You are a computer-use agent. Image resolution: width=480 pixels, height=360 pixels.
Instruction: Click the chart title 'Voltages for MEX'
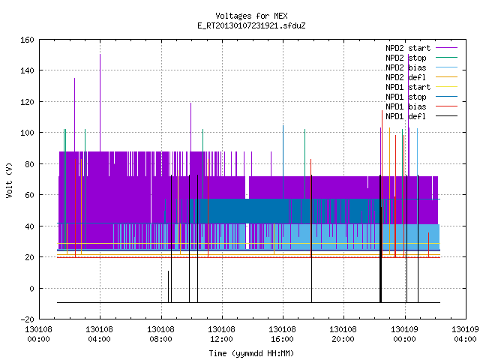251,16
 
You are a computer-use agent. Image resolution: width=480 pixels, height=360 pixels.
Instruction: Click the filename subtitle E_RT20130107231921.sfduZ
251,25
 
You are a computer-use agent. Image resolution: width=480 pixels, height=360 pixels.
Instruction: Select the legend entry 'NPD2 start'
408,48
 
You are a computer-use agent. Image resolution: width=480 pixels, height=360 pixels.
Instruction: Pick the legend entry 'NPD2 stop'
406,58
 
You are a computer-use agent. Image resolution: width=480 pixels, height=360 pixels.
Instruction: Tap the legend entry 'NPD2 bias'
406,67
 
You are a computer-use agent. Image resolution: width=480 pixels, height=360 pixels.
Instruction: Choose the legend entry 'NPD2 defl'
406,77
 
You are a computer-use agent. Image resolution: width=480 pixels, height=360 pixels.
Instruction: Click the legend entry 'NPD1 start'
408,87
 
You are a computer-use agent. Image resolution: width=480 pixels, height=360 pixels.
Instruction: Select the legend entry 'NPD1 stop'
406,97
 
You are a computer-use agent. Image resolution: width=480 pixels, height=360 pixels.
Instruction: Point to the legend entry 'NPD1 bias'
406,106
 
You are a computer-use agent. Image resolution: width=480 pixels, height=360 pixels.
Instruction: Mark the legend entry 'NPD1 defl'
406,117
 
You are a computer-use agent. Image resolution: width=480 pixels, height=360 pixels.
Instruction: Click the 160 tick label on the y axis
27,40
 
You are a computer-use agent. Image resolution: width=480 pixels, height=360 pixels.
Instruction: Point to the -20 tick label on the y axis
27,319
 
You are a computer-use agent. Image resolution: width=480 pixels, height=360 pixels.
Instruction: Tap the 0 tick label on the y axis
31,288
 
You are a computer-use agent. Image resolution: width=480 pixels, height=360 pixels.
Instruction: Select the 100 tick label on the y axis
27,133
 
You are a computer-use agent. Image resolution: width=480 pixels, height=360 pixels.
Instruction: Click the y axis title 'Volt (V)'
10,180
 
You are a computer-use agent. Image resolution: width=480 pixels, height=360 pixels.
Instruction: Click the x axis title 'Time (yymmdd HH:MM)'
251,353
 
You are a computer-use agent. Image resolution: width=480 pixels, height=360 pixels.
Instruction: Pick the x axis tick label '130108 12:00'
221,334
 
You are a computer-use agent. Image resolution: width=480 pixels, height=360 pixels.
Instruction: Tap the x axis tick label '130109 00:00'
405,334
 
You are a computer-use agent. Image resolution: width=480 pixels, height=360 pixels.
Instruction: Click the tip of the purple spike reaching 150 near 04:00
100,55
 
